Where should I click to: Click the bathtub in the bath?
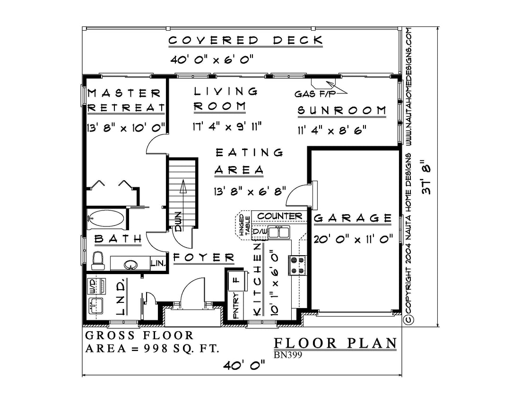click(106, 219)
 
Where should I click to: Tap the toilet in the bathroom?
click(98, 261)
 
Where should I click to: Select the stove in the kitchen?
click(298, 265)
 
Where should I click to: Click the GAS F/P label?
click(315, 94)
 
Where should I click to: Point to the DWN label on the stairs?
click(178, 221)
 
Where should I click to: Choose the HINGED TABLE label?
click(244, 226)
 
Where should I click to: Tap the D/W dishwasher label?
click(260, 232)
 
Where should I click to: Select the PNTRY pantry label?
click(236, 306)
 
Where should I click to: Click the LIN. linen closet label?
click(158, 264)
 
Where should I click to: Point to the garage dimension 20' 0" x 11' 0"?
click(354, 239)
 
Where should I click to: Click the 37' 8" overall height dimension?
click(426, 177)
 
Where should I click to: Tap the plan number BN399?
click(288, 355)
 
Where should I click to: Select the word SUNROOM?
click(342, 110)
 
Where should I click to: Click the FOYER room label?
click(204, 258)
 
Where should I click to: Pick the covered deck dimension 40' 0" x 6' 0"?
click(212, 60)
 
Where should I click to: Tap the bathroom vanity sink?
click(130, 264)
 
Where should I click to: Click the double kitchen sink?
click(278, 232)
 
